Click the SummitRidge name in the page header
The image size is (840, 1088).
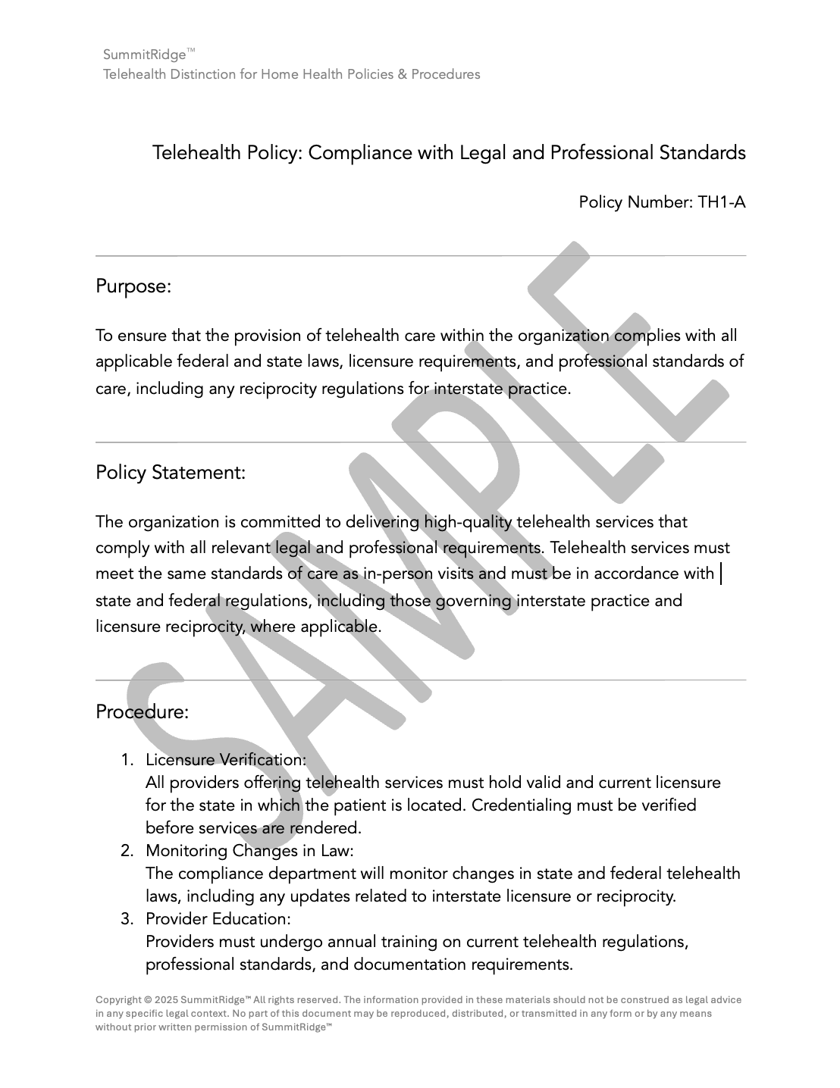pos(144,55)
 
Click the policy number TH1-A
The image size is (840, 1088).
pos(721,202)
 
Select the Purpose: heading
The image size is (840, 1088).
pos(133,286)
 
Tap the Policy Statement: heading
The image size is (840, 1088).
pos(171,473)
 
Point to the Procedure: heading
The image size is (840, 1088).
pos(142,712)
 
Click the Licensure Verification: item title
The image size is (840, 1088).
pos(226,760)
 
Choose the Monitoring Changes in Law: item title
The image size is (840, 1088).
pos(249,851)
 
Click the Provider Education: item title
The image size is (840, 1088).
pos(218,919)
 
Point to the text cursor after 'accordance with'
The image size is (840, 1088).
pos(720,574)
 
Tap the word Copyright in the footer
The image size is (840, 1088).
pos(118,1000)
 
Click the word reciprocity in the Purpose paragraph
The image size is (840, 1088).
pos(278,389)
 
